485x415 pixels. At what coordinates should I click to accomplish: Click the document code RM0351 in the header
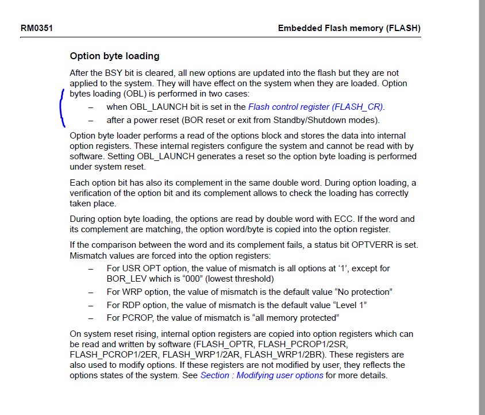(33, 28)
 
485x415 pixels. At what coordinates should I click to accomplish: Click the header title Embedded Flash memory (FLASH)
(349, 28)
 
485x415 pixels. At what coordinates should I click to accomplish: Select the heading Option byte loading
(114, 56)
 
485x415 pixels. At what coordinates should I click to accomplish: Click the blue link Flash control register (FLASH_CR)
(315, 106)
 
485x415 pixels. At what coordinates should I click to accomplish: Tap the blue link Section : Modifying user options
(261, 375)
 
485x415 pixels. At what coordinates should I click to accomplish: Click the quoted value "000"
(193, 278)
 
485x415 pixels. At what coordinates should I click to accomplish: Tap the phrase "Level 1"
(347, 305)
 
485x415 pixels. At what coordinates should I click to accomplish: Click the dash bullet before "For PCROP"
(90, 318)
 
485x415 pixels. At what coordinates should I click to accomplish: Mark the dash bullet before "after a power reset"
(90, 120)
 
